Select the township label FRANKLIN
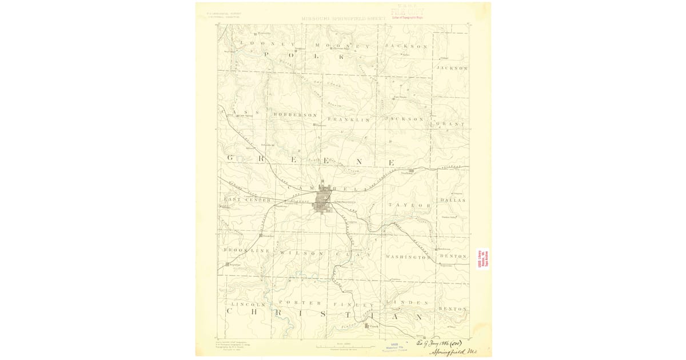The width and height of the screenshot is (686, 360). [349, 119]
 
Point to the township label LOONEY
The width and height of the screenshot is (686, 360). [268, 44]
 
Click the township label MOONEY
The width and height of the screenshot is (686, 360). [343, 45]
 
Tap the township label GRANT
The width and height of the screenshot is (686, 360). [452, 123]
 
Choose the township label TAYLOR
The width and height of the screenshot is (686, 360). [409, 205]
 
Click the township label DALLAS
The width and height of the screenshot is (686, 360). [453, 200]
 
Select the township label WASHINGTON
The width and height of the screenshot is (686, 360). [408, 257]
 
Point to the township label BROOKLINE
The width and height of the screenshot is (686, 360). [246, 251]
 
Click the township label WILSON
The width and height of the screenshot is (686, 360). [293, 252]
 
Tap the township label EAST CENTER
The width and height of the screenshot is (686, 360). [246, 199]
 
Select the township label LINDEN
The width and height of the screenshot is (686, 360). [407, 302]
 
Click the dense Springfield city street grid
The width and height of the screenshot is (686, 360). [325, 202]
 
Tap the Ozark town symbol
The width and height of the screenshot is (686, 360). [368, 326]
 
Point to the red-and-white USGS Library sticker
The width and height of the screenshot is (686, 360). [483, 259]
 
